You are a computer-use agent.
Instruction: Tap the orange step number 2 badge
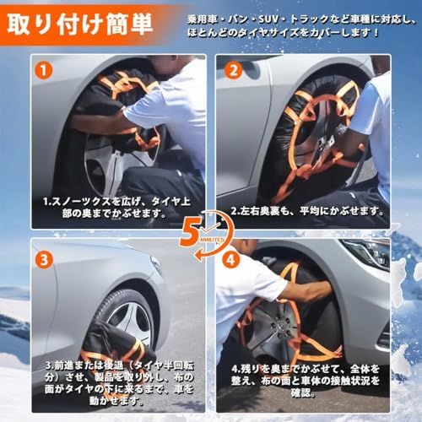pos(231,70)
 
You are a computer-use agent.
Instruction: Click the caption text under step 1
pos(115,207)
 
